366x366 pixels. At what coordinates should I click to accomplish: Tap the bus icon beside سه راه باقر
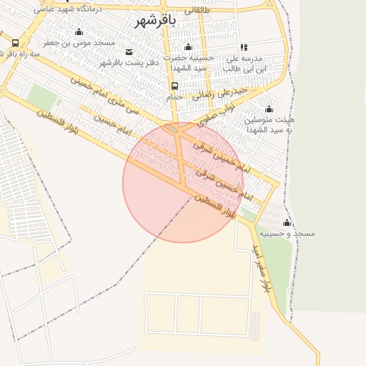point(16,44)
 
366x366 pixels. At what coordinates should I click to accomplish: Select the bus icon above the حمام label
point(175,86)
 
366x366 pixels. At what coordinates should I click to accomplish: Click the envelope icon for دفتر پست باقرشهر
point(129,52)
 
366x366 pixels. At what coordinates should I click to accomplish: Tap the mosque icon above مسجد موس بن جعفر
point(79,32)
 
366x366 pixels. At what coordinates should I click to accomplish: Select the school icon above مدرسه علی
point(244,47)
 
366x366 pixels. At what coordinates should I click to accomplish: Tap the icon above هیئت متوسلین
point(269,109)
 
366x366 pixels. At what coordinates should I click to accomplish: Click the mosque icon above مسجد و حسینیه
point(287,222)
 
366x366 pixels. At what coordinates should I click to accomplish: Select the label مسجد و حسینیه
point(287,234)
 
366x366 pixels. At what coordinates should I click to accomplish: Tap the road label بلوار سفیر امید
point(259,267)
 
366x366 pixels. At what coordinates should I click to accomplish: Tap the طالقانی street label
point(197,11)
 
